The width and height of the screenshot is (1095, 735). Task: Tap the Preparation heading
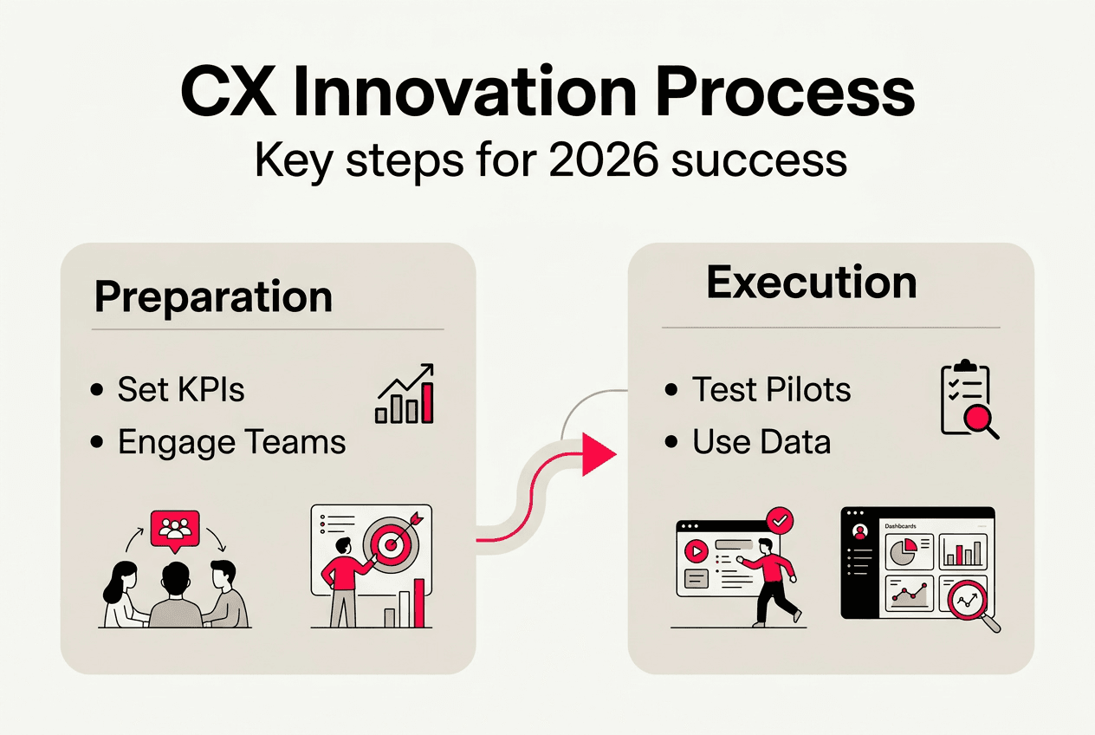tap(213, 296)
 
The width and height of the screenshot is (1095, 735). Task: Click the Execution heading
tap(812, 283)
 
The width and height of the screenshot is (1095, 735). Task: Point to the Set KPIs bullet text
tap(181, 390)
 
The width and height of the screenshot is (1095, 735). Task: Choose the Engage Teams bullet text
tap(231, 442)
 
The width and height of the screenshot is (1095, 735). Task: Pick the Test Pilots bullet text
tap(771, 390)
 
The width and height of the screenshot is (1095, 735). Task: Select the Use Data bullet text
tap(761, 442)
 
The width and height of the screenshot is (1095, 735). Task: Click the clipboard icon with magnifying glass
tap(968, 400)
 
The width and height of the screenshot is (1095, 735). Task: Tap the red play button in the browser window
tap(695, 551)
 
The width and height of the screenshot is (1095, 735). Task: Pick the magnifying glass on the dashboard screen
tap(969, 601)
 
